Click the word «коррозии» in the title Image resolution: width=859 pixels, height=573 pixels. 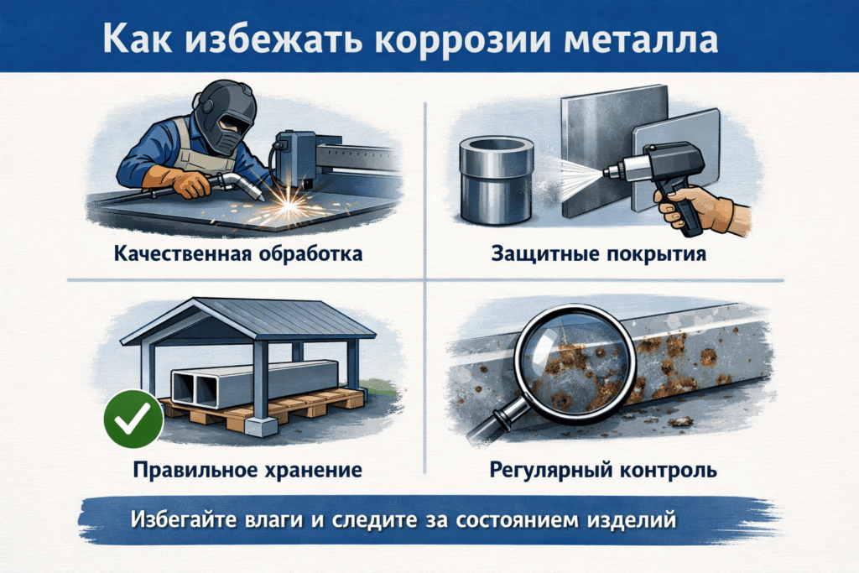[462, 39]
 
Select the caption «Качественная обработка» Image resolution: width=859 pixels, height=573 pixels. [238, 253]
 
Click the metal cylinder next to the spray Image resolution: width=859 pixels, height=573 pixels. [497, 180]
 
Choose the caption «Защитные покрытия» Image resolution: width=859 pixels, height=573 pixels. [598, 253]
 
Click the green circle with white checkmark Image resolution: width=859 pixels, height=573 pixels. [133, 419]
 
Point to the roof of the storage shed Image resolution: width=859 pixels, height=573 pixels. [248, 320]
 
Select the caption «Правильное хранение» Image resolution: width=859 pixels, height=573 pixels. [247, 470]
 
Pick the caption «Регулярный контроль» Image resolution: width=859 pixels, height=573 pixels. [603, 470]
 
